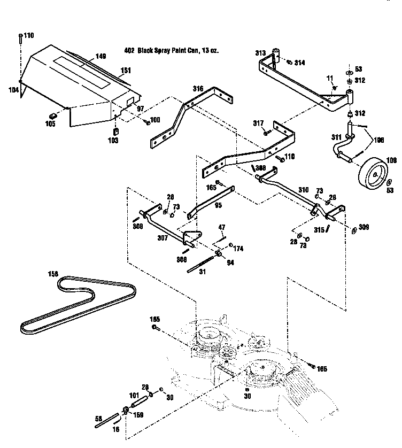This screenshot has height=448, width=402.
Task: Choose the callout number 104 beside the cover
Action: [13, 90]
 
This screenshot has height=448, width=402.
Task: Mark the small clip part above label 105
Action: [53, 115]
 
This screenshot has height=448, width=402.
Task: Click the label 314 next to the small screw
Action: [299, 63]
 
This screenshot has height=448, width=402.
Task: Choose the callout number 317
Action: [259, 123]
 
